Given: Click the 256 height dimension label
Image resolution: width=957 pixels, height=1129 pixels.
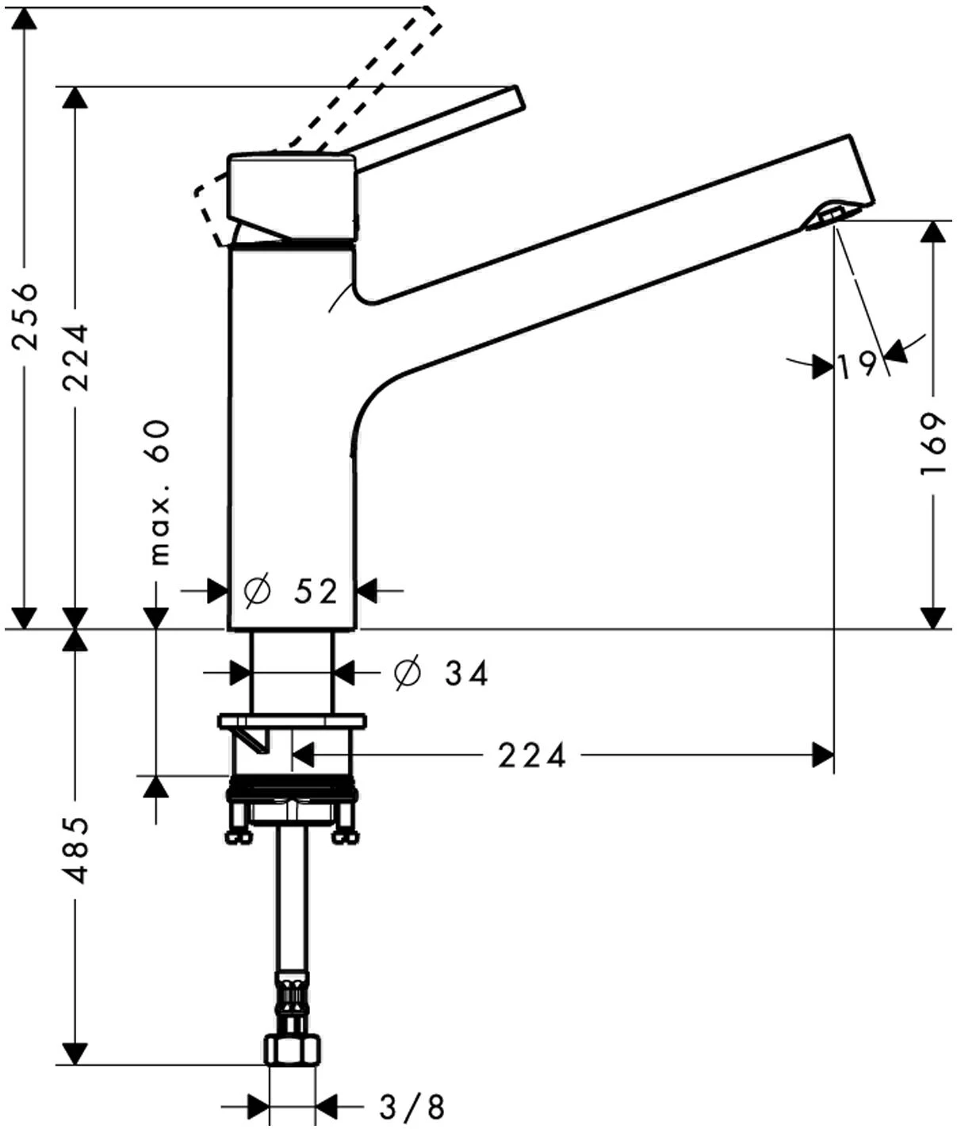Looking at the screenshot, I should coord(27,316).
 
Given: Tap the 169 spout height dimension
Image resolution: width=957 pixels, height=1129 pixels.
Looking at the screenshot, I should coord(934,444).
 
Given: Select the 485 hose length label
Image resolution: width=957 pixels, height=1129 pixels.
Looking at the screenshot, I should coord(75,850).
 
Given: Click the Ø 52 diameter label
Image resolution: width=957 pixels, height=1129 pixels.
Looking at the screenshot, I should coord(292,591).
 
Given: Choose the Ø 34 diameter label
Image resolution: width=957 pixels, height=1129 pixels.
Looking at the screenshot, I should coord(441,674).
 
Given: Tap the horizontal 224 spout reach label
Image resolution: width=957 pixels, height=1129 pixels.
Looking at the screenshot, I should coord(532,755).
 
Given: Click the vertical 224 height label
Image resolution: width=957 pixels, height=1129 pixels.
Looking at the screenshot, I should coord(76,358).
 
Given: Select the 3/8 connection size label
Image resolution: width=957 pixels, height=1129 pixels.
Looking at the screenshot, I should coord(412,1105).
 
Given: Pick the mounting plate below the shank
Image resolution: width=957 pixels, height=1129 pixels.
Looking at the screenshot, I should coord(292,721).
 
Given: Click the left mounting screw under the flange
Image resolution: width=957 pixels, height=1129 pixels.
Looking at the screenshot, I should coord(236,825).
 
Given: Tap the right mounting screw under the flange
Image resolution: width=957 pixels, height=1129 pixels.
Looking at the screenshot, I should coord(346,825).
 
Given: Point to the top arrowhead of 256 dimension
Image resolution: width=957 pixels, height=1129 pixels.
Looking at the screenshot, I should coord(25,21).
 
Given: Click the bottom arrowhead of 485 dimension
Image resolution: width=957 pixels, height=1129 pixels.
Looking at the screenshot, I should coord(75,1054).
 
